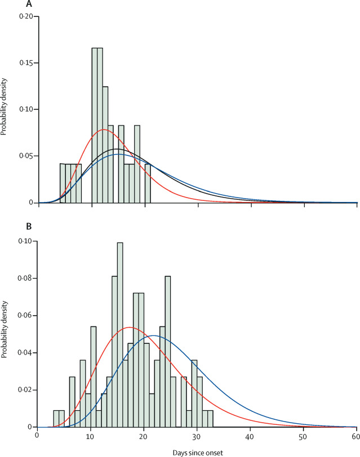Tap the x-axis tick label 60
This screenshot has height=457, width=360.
point(356,434)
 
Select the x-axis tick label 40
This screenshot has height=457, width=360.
point(250,434)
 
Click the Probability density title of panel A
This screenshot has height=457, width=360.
point(5,110)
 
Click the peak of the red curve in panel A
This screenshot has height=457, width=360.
point(104,130)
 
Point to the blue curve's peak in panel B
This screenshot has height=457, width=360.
point(154,336)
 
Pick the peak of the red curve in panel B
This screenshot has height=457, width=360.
point(130,328)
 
